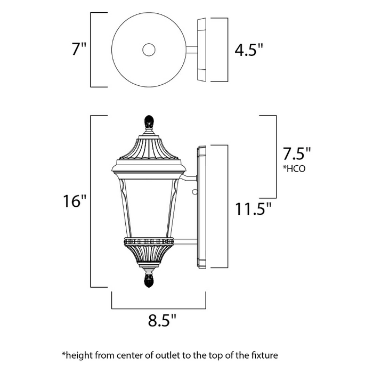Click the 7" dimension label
click(78, 50)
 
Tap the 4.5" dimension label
click(249, 50)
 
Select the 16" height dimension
click(74, 202)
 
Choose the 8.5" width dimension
click(161, 321)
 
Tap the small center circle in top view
click(149, 51)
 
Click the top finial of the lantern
click(149, 123)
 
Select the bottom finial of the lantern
click(149, 279)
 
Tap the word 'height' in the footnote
click(80, 354)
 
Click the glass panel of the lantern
click(149, 208)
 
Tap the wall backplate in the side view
click(202, 208)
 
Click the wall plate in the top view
click(202, 50)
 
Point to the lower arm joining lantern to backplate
click(184, 243)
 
